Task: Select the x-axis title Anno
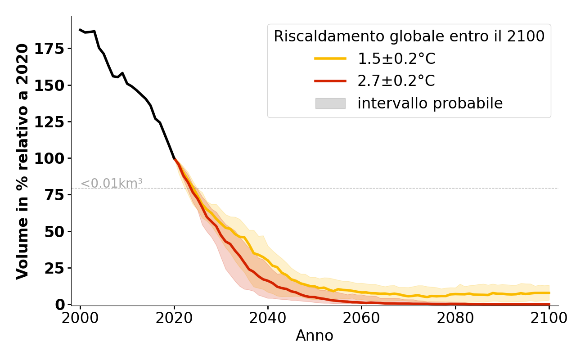[x=315, y=336]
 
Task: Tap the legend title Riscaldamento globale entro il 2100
[x=409, y=36]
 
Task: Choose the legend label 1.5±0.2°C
[x=396, y=59]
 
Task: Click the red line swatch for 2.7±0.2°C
[x=330, y=81]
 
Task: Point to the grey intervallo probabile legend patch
[x=330, y=103]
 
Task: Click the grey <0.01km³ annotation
[x=112, y=184]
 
